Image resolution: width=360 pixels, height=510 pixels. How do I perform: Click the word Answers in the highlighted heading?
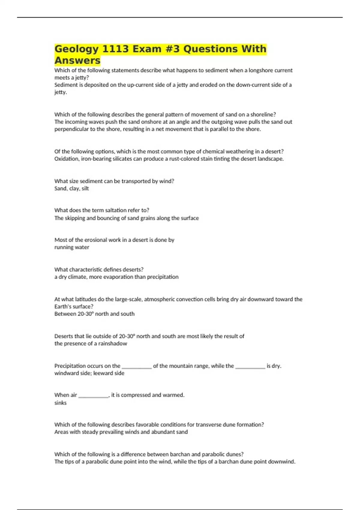[x=77, y=60]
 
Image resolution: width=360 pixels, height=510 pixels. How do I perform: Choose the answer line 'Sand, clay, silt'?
[x=71, y=188]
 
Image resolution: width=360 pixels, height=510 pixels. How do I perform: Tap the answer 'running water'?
[x=72, y=247]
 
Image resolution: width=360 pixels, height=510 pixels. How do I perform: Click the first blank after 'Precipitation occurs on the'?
[x=137, y=366]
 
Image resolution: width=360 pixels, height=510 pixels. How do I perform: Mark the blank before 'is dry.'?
[x=250, y=366]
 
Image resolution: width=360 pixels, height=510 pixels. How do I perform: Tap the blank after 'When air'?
[x=93, y=395]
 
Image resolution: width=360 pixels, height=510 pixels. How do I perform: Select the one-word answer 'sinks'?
[x=60, y=403]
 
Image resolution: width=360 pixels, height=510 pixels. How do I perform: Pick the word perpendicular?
[x=70, y=129]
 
